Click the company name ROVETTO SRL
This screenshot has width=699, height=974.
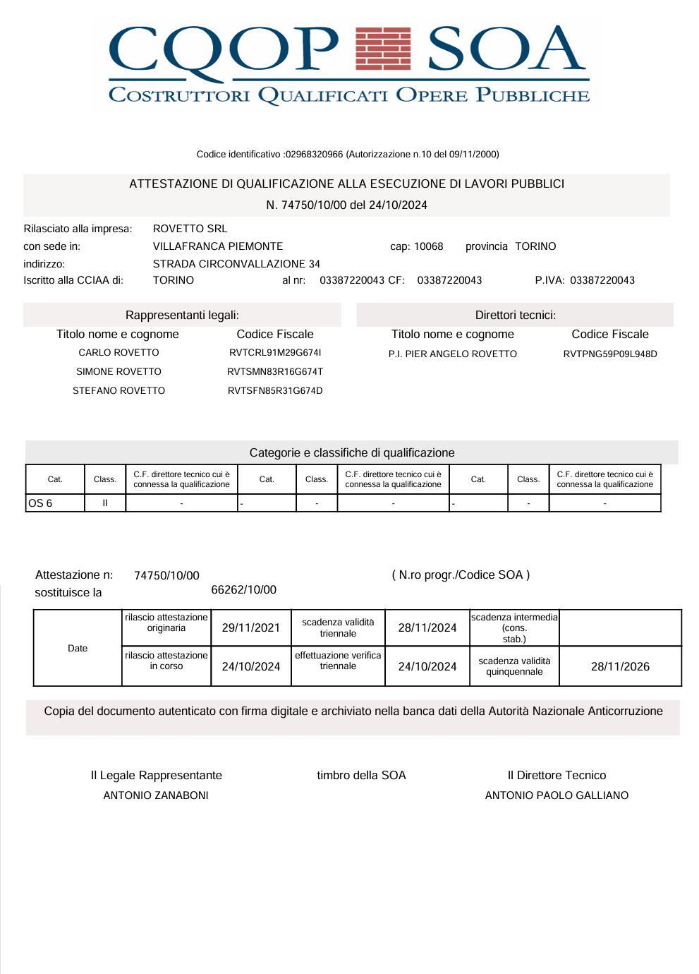pos(190,229)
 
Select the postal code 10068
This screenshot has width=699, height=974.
pos(428,246)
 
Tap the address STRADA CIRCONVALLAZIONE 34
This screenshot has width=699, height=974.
pos(236,264)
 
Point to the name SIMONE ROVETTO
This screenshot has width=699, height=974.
pos(118,371)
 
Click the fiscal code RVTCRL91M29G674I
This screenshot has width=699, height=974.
pos(275,352)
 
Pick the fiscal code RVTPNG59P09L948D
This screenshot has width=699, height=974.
pos(610,354)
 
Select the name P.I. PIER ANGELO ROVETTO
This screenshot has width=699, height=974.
pos(452,354)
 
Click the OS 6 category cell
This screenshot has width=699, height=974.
pos(40,503)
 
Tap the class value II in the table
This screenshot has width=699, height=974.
pos(105,503)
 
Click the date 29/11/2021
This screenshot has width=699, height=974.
pos(251,627)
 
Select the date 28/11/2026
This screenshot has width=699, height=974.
pos(620,666)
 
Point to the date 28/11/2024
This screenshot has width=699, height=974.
pos(427,627)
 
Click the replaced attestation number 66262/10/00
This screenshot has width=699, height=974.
pos(243,590)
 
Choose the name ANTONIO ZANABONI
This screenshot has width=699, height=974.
pos(156,795)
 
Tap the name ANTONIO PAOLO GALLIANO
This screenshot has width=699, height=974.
pos(557,795)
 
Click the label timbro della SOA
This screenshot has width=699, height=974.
pos(361,775)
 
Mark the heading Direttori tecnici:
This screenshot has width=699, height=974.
pos(515,315)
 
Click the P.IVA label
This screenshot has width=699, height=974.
pos(549,280)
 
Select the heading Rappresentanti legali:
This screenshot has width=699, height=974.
pos(182,315)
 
